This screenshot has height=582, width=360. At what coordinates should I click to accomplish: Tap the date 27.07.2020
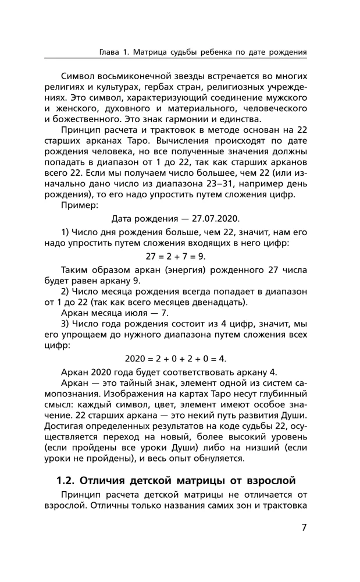pyautogui.click(x=211, y=218)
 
